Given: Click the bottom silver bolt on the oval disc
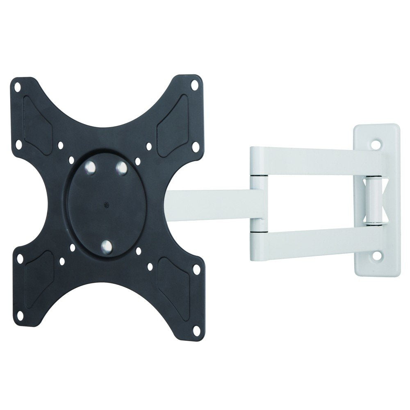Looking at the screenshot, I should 107,246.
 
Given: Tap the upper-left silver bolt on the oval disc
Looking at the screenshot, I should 91,169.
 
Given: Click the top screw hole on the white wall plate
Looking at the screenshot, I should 376,145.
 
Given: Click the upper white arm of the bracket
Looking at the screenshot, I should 312,162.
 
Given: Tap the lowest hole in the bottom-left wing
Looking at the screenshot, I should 19,315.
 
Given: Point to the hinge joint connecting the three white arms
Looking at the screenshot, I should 257,201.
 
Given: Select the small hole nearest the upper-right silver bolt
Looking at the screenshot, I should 137,161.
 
